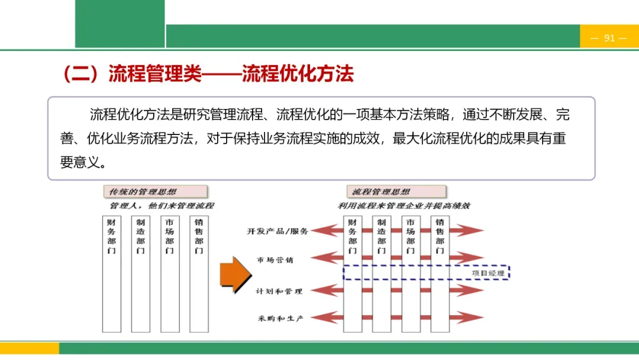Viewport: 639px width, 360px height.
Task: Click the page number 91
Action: point(609,38)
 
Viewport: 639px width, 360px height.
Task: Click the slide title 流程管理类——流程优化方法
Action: point(207,74)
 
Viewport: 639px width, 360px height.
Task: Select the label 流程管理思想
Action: point(381,192)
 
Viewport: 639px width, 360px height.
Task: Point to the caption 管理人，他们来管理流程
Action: point(162,206)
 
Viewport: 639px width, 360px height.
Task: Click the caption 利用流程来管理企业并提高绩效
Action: point(404,206)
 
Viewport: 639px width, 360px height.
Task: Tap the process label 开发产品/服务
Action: point(277,231)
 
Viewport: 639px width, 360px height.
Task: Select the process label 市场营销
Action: point(275,260)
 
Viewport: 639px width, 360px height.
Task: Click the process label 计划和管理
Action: point(279,291)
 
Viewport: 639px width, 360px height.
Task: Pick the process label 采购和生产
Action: point(280,319)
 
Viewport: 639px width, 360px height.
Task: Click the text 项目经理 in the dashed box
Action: point(488,273)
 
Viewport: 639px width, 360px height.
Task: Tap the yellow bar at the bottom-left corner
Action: point(30,348)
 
